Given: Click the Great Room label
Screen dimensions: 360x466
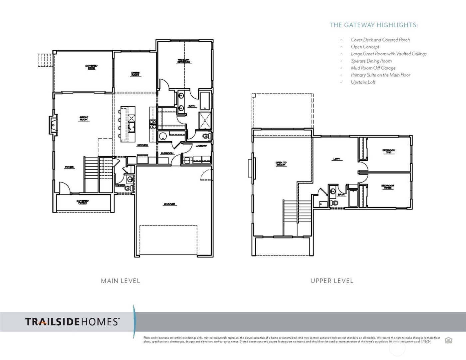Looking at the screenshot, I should tap(84, 118).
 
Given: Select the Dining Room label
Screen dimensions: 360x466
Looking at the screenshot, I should tap(135, 74).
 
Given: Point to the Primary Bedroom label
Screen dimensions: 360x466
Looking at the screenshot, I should tap(184, 61).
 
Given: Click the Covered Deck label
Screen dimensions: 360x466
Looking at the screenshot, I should tap(91, 67).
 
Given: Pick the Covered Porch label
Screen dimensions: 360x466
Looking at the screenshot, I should tap(82, 202).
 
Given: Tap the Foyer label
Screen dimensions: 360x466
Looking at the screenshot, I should tap(69, 167).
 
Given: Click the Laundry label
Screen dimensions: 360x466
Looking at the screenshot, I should tap(201, 146).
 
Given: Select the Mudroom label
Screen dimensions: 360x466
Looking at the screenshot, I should tap(167, 153).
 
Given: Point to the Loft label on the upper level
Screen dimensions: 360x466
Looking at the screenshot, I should tap(337, 159).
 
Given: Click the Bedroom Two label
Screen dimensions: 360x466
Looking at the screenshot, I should tap(388, 151).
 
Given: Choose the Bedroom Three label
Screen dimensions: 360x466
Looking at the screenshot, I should tap(388, 187).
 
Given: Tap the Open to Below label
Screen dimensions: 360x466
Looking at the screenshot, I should tap(281, 164).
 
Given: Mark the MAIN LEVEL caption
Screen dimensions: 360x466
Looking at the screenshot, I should tap(120, 281).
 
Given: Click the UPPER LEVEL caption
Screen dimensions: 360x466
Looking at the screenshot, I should tap(332, 281).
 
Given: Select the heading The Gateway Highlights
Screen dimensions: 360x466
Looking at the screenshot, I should tap(374, 25).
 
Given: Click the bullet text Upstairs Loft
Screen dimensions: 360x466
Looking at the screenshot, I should tap(363, 82).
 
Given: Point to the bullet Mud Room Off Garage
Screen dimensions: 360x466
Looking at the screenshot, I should tap(373, 68).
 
